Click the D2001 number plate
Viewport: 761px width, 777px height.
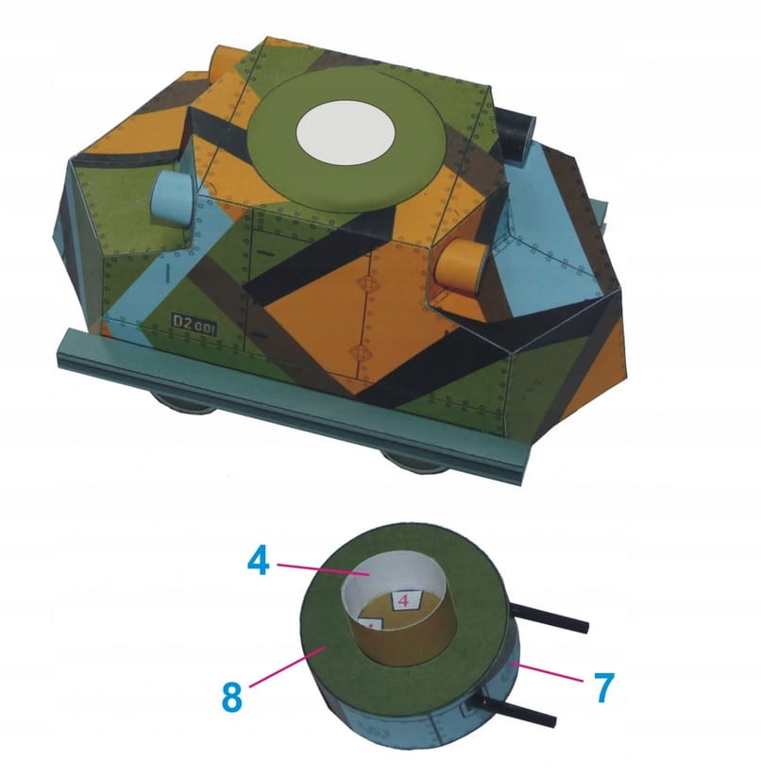194,324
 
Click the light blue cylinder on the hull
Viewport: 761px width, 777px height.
171,196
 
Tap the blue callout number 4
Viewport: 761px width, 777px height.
259,561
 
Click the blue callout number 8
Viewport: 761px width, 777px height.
232,697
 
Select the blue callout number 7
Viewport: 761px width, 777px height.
603,687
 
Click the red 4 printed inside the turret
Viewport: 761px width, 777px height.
404,600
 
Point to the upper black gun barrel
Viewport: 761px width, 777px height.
549,617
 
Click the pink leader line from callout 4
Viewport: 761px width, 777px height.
323,569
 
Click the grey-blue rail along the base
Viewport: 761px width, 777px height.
293,402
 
